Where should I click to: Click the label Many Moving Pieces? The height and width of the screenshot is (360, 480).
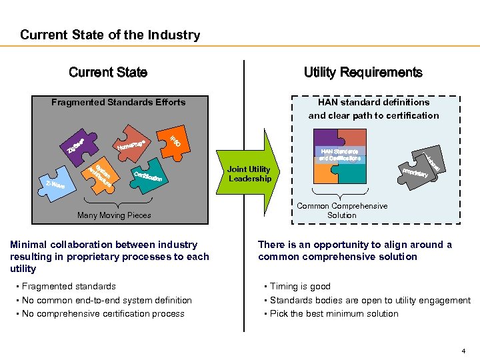click(114, 215)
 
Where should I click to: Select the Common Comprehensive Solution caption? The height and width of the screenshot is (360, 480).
click(342, 211)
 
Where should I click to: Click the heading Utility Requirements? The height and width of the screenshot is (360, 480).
click(363, 73)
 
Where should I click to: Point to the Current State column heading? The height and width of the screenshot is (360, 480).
click(108, 73)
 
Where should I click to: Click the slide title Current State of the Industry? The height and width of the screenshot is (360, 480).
click(110, 35)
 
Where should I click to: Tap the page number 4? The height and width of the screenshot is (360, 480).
click(463, 351)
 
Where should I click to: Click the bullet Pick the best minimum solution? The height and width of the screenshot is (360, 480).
click(334, 314)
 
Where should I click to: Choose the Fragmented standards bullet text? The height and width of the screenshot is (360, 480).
click(69, 287)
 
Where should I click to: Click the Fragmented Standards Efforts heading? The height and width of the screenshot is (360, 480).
click(119, 103)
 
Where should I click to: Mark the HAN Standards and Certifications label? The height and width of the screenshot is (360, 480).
click(339, 155)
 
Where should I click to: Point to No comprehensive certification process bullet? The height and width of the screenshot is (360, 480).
click(103, 314)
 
